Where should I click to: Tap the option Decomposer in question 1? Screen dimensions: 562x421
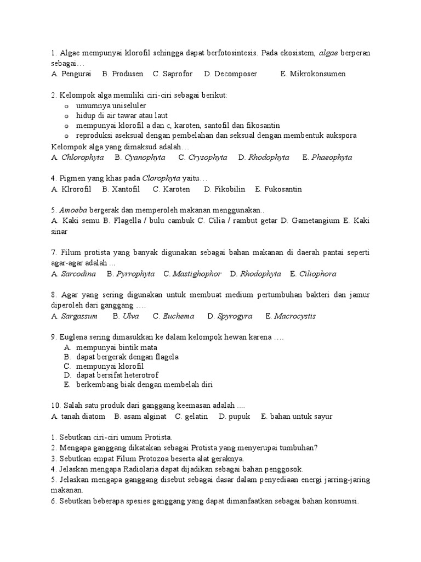(x=235, y=74)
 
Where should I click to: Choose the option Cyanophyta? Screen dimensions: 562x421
(x=145, y=158)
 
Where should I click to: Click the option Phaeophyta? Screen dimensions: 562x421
(x=332, y=158)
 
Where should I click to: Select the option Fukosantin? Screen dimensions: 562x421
(x=283, y=189)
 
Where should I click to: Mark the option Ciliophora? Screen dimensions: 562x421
(x=317, y=273)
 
